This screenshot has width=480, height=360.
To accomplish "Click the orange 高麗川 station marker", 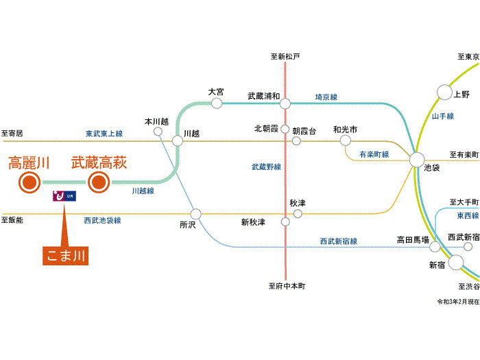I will pyautogui.click(x=29, y=182).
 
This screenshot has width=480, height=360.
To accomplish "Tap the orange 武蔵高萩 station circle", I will pyautogui.click(x=99, y=182).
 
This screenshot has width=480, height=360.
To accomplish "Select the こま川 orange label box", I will pyautogui.click(x=66, y=256).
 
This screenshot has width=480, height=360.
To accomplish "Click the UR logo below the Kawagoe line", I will pyautogui.click(x=66, y=197).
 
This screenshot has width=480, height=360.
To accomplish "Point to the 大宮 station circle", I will pyautogui.click(x=217, y=104).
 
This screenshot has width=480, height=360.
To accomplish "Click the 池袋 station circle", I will pyautogui.click(x=418, y=160).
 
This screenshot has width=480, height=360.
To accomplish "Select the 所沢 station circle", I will pyautogui.click(x=196, y=213).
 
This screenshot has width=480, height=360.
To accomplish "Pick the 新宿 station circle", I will pyautogui.click(x=455, y=261).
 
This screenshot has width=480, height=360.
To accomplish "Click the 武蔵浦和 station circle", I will pyautogui.click(x=285, y=104).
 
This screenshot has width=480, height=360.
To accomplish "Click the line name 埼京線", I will pyautogui.click(x=326, y=97).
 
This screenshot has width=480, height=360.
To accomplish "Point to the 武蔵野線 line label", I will pyautogui.click(x=266, y=167).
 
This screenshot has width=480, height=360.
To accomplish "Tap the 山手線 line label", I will pyautogui.click(x=443, y=117).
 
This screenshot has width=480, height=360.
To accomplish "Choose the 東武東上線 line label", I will pyautogui.click(x=104, y=133).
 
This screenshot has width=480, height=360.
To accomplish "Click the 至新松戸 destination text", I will pyautogui.click(x=285, y=56).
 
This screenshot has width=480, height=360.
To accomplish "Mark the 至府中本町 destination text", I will pyautogui.click(x=287, y=285).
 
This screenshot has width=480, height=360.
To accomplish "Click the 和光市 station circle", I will pyautogui.click(x=345, y=141).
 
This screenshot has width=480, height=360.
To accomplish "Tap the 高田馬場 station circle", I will pyautogui.click(x=434, y=247).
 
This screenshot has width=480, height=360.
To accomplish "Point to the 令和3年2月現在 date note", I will pyautogui.click(x=456, y=302).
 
